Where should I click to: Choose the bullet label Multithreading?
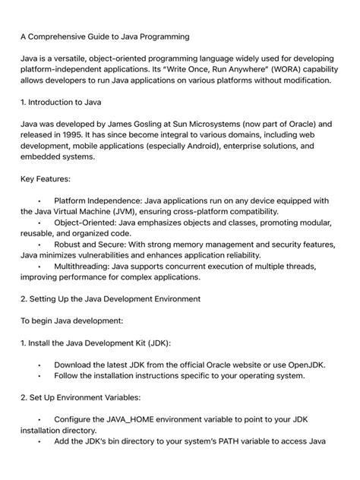pos(88,267)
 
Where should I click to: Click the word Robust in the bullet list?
pos(71,245)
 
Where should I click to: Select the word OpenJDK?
pos(302,365)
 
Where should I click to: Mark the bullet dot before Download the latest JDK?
pos(39,365)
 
